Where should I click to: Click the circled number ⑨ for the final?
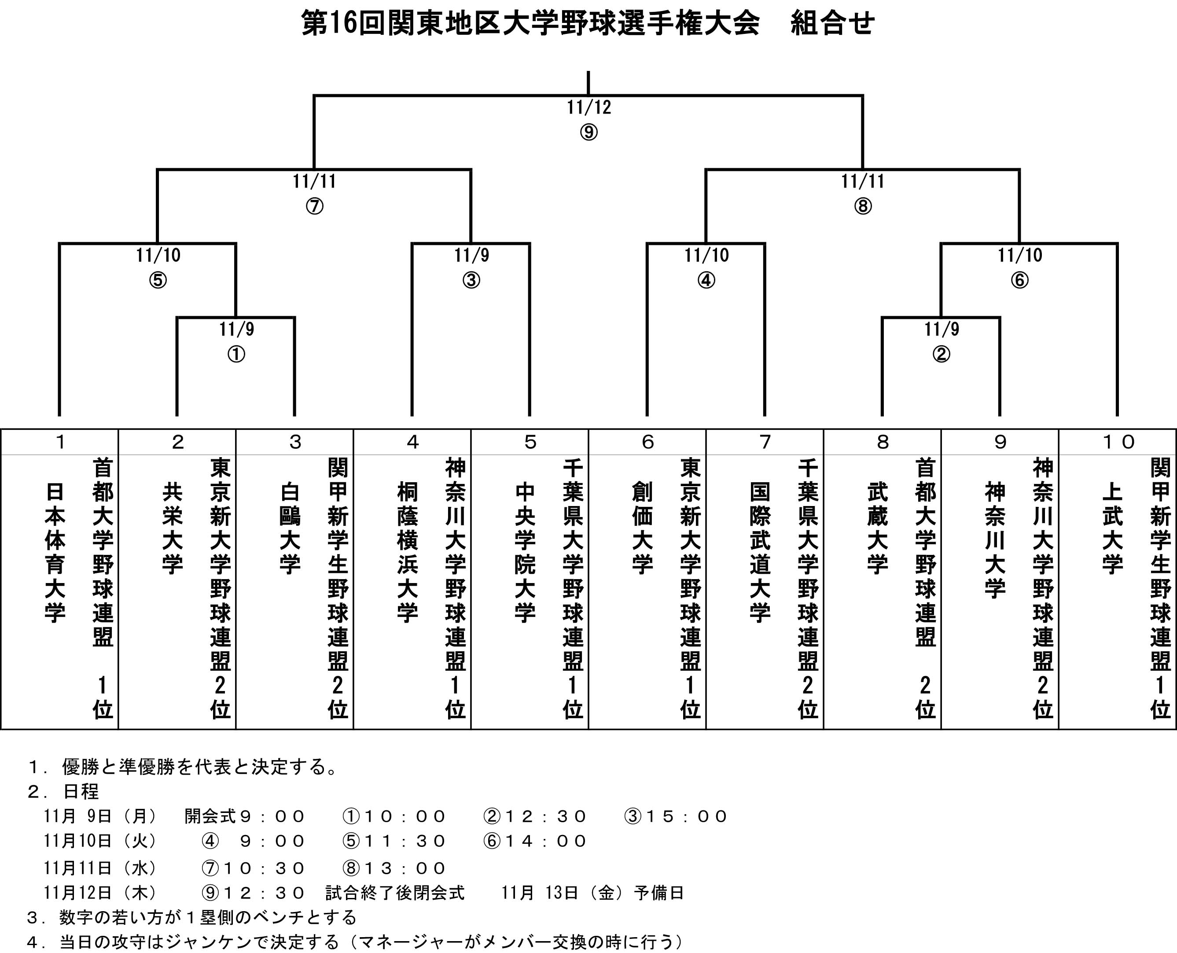click(588, 132)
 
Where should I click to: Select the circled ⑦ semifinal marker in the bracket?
click(314, 207)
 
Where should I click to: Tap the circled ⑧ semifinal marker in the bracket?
click(863, 207)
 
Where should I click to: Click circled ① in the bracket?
click(236, 355)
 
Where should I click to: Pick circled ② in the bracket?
click(941, 355)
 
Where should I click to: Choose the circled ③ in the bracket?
click(471, 281)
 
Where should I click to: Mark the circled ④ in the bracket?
click(706, 281)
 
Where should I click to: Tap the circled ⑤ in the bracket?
click(158, 281)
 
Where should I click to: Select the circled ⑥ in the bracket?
click(1019, 281)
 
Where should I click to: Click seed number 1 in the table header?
click(60, 442)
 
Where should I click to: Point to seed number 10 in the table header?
click(1118, 442)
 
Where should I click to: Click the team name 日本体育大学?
click(55, 552)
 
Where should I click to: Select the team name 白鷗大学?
click(290, 528)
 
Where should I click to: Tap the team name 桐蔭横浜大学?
click(408, 552)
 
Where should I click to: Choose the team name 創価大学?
click(643, 528)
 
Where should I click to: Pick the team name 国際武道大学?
click(760, 552)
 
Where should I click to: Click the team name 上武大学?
click(1112, 528)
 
